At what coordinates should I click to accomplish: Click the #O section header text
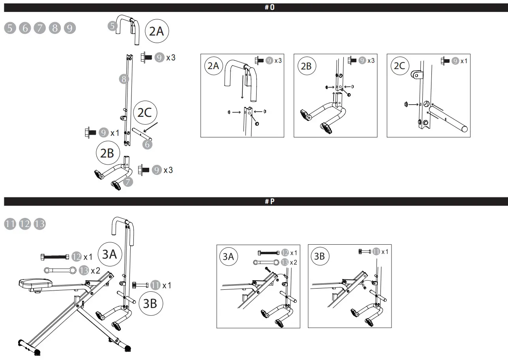pyautogui.click(x=270, y=7)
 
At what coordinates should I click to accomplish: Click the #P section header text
pyautogui.click(x=270, y=202)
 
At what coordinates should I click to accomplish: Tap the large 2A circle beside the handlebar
pyautogui.click(x=157, y=31)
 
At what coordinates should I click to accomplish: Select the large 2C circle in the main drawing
pyautogui.click(x=144, y=113)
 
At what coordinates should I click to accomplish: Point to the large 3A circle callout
pyautogui.click(x=109, y=254)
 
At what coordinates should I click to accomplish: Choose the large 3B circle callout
pyautogui.click(x=150, y=303)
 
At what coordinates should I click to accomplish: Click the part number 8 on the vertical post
pyautogui.click(x=124, y=79)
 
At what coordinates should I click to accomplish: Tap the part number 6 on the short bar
pyautogui.click(x=148, y=144)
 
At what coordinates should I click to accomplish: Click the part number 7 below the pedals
pyautogui.click(x=128, y=182)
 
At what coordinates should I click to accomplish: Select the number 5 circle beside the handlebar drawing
pyautogui.click(x=112, y=26)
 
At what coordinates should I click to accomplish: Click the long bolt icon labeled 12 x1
pyautogui.click(x=55, y=257)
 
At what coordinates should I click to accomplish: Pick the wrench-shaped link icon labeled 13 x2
pyautogui.click(x=60, y=270)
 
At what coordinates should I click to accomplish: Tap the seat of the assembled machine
pyautogui.click(x=36, y=283)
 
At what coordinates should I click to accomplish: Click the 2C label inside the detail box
pyautogui.click(x=399, y=66)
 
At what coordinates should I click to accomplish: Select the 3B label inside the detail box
pyautogui.click(x=319, y=256)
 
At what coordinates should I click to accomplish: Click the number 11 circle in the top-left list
pyautogui.click(x=10, y=224)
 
